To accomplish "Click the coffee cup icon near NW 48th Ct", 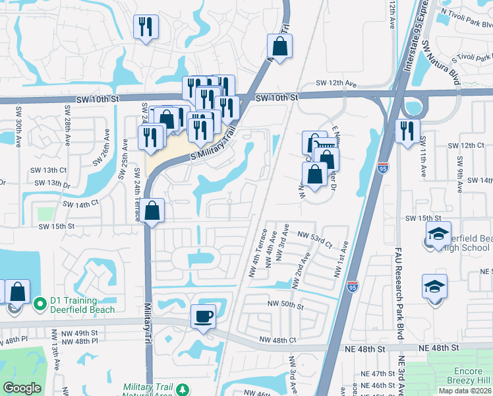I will point(203,315).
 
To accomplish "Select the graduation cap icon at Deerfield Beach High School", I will point(438,234).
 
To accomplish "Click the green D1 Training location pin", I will point(40,304).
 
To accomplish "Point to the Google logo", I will point(22,387).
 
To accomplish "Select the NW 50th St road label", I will point(285,306).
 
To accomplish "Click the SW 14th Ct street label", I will point(80,205).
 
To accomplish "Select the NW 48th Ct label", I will point(277,340).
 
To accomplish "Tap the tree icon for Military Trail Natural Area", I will point(183,388).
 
